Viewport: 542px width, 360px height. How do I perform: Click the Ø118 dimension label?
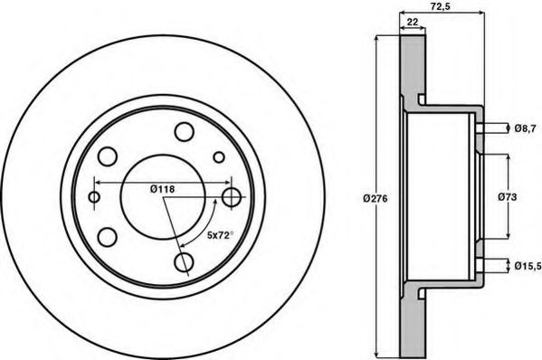163,189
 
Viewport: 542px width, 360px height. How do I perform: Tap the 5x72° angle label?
220,235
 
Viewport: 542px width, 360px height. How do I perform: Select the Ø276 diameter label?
376,199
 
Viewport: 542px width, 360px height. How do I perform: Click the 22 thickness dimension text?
413,22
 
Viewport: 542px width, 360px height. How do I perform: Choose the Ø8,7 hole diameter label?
525,128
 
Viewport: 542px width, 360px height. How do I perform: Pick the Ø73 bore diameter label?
508,197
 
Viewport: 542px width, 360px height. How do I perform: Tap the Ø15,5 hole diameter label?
528,266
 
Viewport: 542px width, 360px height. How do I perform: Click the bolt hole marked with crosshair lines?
232,197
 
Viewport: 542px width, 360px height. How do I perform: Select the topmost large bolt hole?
184,132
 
